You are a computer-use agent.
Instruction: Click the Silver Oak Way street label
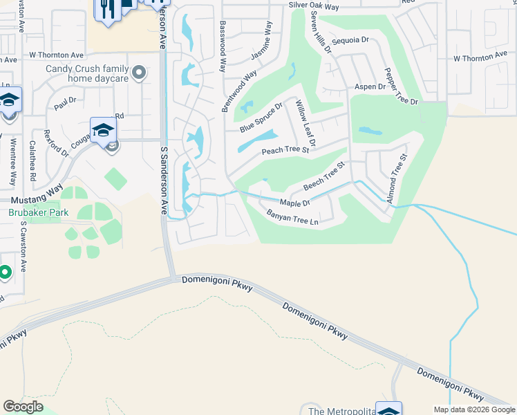coord(314,7)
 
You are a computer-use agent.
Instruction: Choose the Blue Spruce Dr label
coord(261,118)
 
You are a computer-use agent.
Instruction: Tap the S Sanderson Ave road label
coord(164,180)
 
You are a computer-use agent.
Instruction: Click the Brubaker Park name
coord(38,212)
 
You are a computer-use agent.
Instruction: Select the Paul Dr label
coord(64,104)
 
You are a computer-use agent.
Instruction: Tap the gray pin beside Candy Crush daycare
coord(140,72)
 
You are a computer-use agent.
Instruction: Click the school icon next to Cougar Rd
coord(102,129)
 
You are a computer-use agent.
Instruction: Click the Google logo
coord(23,406)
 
